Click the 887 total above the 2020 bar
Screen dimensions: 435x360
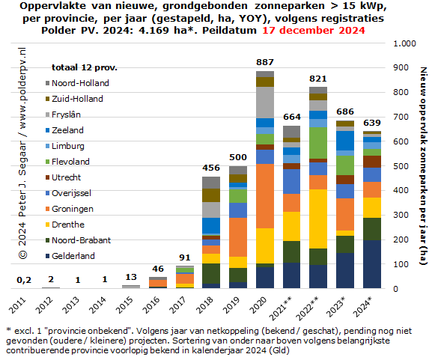(265, 62)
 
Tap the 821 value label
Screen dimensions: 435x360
(318, 79)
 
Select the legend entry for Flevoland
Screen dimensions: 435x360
(67, 162)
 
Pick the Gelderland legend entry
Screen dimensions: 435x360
(70, 256)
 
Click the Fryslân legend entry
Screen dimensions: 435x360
(63, 115)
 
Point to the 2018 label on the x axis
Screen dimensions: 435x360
(204, 305)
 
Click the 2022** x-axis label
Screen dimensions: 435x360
(307, 308)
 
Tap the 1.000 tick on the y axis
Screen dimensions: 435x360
(404, 43)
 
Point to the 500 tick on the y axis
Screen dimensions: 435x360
(401, 166)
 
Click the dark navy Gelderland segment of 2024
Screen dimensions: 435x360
(372, 264)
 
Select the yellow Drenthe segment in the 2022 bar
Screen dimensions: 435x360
(318, 219)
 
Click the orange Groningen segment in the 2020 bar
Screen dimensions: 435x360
(265, 196)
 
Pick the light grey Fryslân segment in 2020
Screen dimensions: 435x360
(265, 103)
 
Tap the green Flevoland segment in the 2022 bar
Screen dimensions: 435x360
(318, 143)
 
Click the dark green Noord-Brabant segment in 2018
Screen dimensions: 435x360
(211, 273)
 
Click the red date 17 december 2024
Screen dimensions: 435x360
(314, 30)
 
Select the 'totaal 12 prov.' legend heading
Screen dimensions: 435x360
(85, 67)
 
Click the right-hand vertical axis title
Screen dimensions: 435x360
(423, 166)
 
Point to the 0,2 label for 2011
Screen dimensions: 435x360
(24, 280)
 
